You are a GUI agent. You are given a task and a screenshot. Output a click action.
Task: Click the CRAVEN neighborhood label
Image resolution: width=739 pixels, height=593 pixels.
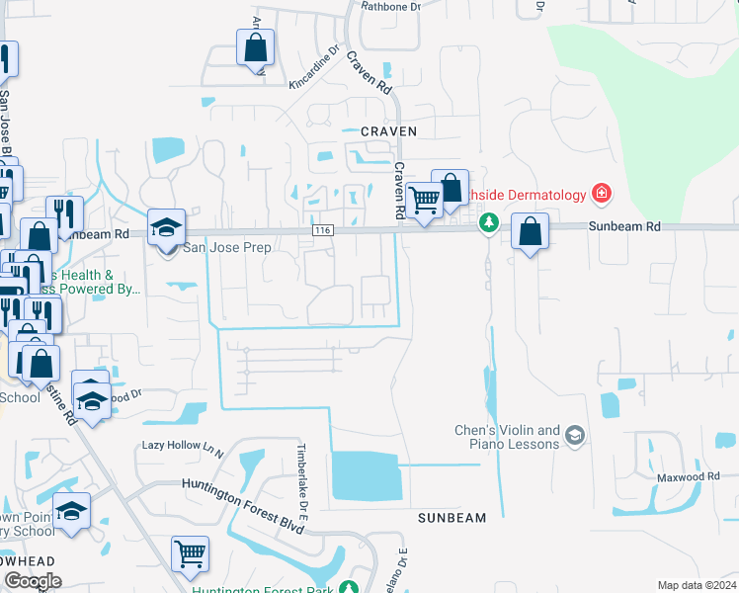coord(388,130)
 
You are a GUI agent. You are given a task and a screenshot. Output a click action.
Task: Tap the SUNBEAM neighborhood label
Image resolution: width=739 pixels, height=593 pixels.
coord(452,518)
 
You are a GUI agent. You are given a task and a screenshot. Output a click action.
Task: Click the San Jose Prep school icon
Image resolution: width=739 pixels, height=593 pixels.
coord(167,228)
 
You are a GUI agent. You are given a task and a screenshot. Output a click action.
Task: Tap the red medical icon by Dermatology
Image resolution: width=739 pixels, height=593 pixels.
coord(600,192)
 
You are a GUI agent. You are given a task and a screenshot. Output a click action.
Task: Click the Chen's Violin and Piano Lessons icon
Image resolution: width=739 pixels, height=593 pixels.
coord(576,435)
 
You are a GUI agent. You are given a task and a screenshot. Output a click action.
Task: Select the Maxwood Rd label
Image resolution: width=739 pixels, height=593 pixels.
coord(689,476)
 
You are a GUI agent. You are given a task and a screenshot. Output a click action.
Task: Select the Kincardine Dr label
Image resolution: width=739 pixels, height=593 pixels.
coord(313,66)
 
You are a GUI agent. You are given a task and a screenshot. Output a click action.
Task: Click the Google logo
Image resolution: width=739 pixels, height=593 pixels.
coord(33,581)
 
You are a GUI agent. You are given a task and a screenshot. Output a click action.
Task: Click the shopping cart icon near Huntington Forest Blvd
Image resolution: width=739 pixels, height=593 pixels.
coord(190,554)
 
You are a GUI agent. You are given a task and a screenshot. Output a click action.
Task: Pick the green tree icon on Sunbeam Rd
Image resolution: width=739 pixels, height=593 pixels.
coord(487,223)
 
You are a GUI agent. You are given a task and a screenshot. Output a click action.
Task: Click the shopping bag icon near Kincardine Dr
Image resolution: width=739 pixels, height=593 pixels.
coord(255,46)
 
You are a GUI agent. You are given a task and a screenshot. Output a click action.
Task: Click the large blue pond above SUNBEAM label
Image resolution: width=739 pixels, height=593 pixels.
coord(367,474)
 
